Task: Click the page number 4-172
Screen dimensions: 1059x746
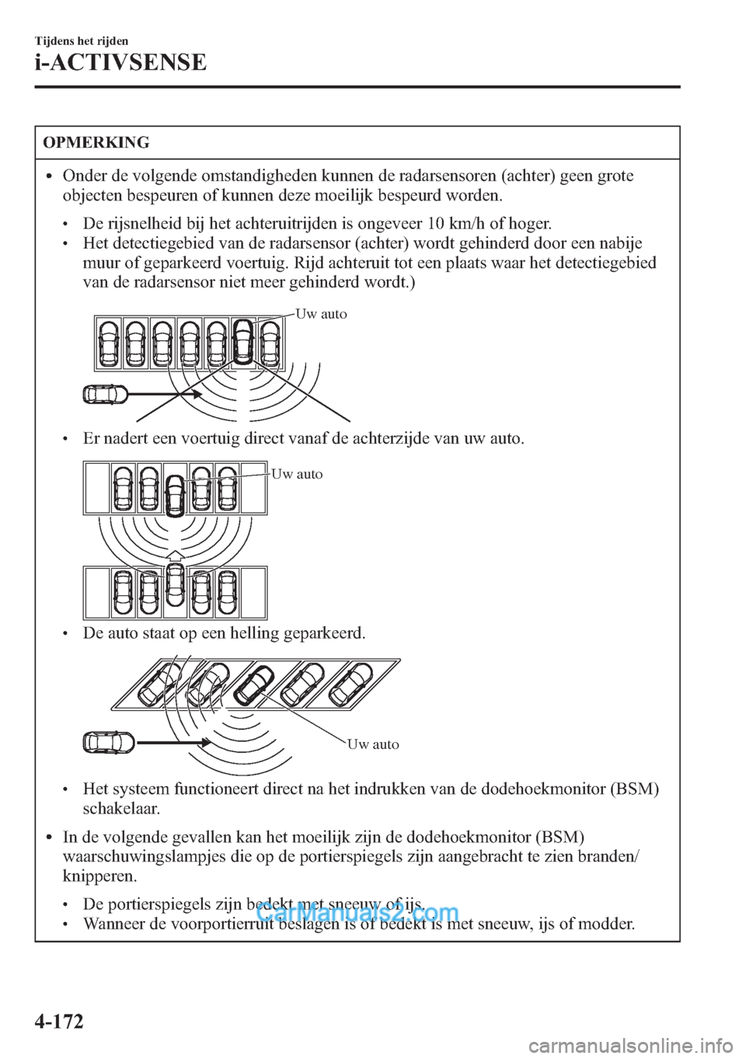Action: pyautogui.click(x=59, y=1019)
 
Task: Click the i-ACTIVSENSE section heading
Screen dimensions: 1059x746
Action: pyautogui.click(x=120, y=62)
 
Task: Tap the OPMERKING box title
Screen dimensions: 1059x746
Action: pyautogui.click(x=96, y=143)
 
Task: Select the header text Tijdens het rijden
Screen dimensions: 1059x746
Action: pyautogui.click(x=82, y=40)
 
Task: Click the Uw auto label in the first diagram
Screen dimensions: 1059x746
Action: pyautogui.click(x=322, y=314)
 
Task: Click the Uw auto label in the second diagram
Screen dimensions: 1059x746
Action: pyautogui.click(x=297, y=474)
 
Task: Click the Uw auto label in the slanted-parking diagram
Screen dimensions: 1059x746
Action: pyautogui.click(x=373, y=744)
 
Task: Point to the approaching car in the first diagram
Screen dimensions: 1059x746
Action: pyautogui.click(x=105, y=395)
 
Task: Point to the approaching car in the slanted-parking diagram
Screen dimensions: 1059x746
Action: pyautogui.click(x=108, y=743)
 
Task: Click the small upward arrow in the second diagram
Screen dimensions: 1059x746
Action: pyautogui.click(x=176, y=554)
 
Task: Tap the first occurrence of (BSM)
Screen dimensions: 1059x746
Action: pyautogui.click(x=634, y=789)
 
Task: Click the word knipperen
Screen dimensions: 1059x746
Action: pyautogui.click(x=99, y=876)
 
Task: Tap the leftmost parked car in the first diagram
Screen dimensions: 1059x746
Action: pyautogui.click(x=109, y=343)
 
